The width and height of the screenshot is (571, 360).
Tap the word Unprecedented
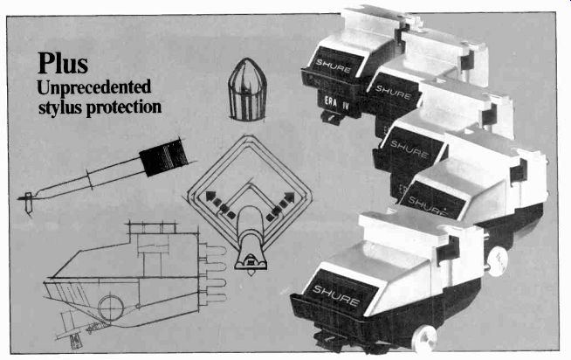pyautogui.click(x=97, y=88)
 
